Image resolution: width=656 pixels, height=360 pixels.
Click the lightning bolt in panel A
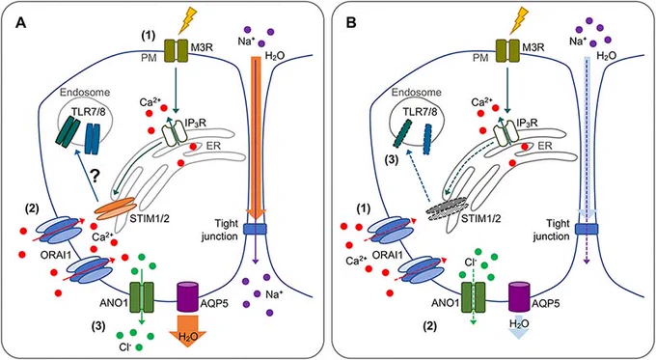(x=188, y=22)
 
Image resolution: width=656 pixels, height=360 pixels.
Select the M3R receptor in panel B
(x=506, y=50)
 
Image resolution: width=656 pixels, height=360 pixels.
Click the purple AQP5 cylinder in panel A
(x=187, y=296)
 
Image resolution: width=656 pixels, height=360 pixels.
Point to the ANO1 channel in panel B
(x=473, y=297)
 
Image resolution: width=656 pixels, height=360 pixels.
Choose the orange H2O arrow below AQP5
(x=187, y=332)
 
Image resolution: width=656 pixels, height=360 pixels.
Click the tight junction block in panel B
(x=587, y=229)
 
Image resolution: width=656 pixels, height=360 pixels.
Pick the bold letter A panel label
(x=20, y=23)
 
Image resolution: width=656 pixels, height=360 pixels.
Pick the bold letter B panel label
(x=351, y=23)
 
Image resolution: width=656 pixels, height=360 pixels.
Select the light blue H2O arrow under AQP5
(x=519, y=327)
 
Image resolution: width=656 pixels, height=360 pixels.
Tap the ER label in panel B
(x=545, y=146)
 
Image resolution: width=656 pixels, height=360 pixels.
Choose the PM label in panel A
(x=149, y=58)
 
